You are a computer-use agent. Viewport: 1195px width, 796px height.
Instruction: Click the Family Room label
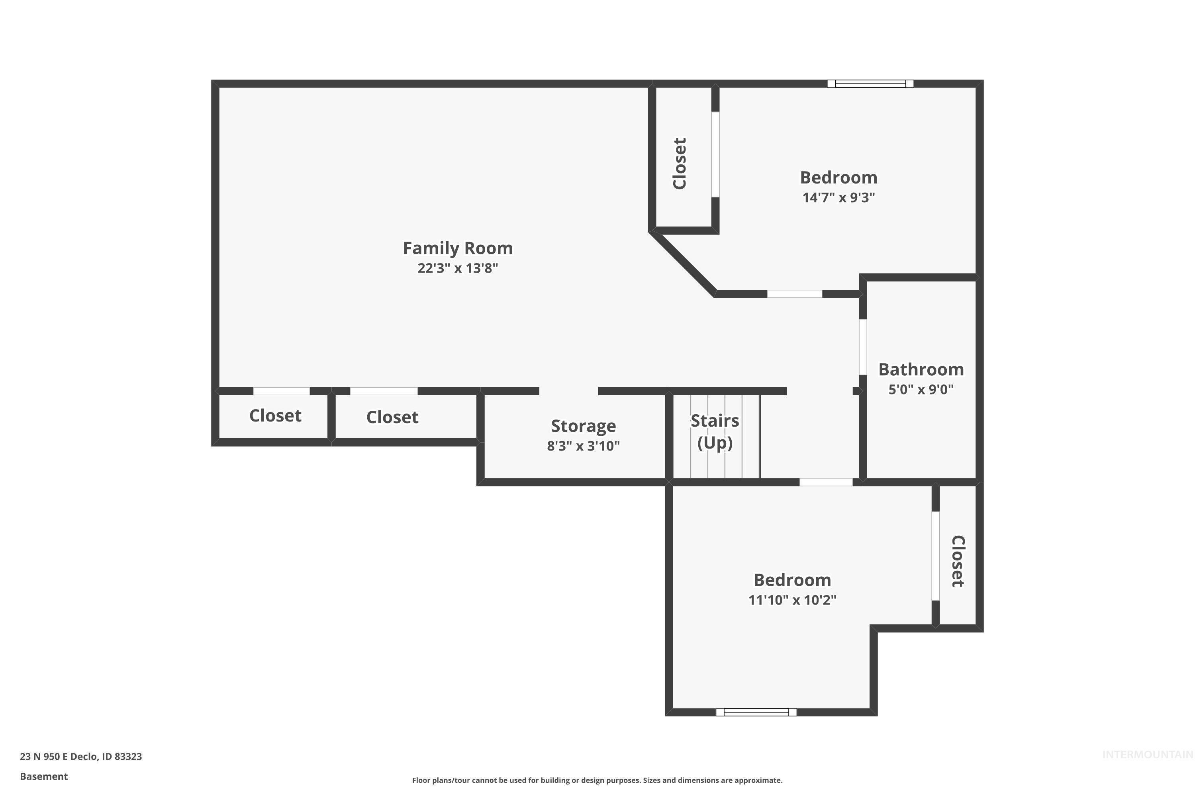click(x=457, y=248)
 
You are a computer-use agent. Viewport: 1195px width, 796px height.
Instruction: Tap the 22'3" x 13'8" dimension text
click(x=457, y=268)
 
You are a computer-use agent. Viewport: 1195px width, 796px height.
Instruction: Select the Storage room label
click(x=583, y=426)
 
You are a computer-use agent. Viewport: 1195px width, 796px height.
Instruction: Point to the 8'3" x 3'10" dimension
click(x=583, y=446)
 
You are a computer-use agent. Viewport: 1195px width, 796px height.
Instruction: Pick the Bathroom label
click(x=921, y=370)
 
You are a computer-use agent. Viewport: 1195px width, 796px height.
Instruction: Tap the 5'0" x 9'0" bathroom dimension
click(x=921, y=389)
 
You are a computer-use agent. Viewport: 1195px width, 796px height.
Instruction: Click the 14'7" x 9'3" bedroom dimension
click(x=838, y=197)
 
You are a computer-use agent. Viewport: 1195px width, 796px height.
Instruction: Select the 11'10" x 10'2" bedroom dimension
click(x=791, y=600)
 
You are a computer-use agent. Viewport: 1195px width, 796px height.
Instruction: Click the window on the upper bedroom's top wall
click(x=870, y=84)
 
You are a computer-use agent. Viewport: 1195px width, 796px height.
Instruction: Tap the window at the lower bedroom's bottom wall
click(x=756, y=712)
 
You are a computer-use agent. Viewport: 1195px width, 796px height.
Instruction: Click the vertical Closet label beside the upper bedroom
click(x=679, y=164)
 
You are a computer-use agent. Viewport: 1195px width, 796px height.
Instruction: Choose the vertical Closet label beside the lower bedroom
click(x=957, y=561)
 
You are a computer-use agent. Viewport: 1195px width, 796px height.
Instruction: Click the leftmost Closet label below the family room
click(x=275, y=416)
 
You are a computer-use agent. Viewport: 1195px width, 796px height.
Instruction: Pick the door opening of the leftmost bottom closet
click(x=282, y=391)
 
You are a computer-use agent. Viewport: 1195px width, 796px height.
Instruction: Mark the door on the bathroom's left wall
click(x=863, y=347)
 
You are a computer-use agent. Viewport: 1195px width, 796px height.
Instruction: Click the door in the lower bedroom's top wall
click(x=826, y=482)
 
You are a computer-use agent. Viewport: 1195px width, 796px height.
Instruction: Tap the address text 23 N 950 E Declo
click(x=81, y=757)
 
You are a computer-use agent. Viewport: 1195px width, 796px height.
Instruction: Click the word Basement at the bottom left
click(x=44, y=776)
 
